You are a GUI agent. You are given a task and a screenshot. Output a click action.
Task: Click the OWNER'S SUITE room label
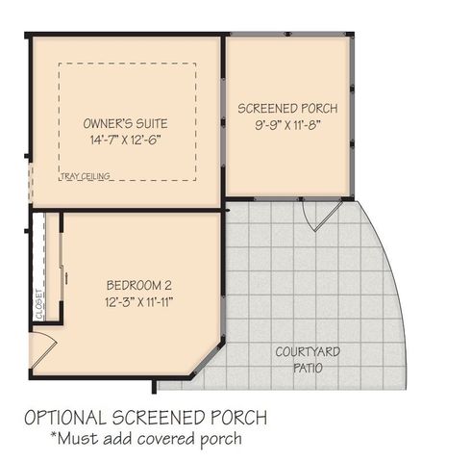pyautogui.click(x=126, y=124)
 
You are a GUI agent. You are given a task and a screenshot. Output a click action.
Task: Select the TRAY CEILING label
pyautogui.click(x=85, y=177)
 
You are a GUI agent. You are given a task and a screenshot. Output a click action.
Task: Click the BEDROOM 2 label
pyautogui.click(x=138, y=285)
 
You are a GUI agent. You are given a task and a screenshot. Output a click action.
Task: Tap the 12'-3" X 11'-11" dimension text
pyautogui.click(x=138, y=301)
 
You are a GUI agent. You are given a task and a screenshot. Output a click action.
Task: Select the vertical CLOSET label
pyautogui.click(x=39, y=304)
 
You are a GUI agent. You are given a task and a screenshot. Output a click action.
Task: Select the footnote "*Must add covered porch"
pyautogui.click(x=145, y=439)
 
